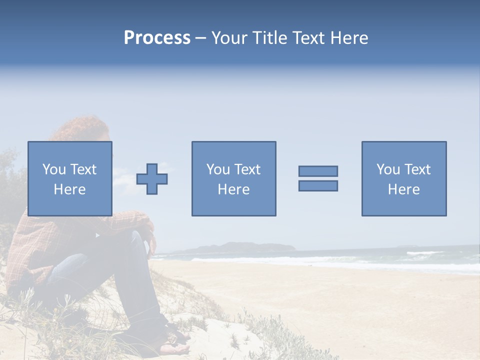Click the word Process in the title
coord(157,38)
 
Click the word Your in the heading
coord(229,38)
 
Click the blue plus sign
coord(152,179)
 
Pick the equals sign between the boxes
coord(318,178)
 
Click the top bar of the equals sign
coord(318,171)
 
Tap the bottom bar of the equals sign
coord(318,185)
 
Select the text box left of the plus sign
coord(69,178)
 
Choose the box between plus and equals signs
coord(233,178)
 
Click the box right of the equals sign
coord(403,178)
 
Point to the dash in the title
coord(200,38)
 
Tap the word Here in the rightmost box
coord(403,189)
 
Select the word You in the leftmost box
coord(54,169)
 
